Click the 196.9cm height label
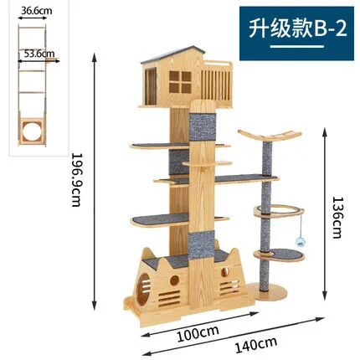(76, 179)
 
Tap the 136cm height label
(337, 217)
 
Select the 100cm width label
(198, 333)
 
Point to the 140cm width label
(256, 345)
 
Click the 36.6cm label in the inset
(36, 11)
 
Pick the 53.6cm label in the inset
(39, 53)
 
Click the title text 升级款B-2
(297, 28)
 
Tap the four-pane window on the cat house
(180, 82)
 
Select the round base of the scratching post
(266, 291)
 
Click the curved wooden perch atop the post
(270, 136)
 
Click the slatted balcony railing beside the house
(216, 84)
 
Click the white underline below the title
(296, 47)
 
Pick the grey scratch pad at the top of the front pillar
(203, 127)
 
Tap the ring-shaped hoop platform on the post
(279, 211)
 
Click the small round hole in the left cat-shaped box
(174, 280)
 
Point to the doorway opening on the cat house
(151, 86)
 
